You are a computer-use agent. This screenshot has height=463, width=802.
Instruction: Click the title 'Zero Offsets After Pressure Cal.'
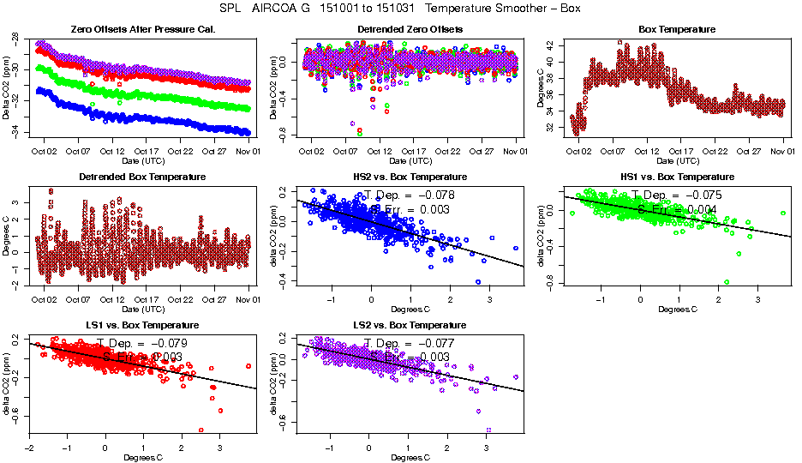[142, 29]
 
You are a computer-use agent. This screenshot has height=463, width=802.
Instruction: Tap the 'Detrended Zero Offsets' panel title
[410, 29]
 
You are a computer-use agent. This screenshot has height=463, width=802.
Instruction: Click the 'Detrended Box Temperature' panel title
[142, 177]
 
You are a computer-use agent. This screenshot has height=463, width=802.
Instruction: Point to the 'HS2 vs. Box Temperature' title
[410, 177]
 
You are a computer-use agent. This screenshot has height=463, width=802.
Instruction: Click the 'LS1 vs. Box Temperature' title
[142, 326]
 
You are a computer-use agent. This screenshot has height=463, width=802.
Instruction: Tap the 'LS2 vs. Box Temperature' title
[410, 326]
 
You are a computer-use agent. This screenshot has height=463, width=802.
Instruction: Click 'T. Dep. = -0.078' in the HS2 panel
[410, 195]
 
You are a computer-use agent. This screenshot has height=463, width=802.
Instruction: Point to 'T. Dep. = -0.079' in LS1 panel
[142, 344]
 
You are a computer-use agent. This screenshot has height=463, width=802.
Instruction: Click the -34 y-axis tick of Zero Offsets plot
[15, 131]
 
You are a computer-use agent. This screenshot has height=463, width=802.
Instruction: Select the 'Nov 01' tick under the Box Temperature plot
[782, 152]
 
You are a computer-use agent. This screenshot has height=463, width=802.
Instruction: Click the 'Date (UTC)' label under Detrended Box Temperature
[142, 309]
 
